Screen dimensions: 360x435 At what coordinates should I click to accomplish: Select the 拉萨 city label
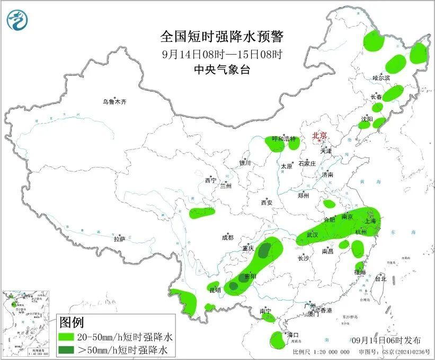119,239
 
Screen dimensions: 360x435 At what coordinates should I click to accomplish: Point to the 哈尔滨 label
381,78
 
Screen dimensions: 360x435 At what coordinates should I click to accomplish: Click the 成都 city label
228,238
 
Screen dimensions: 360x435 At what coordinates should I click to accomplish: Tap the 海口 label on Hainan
293,335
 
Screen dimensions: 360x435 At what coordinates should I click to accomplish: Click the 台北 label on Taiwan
380,278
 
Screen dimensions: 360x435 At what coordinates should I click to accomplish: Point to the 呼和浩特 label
285,139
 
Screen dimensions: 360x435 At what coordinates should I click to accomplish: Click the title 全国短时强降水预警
222,37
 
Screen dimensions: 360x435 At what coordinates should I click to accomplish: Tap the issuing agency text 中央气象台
222,69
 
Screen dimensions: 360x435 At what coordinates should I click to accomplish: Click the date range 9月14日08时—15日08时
222,54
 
